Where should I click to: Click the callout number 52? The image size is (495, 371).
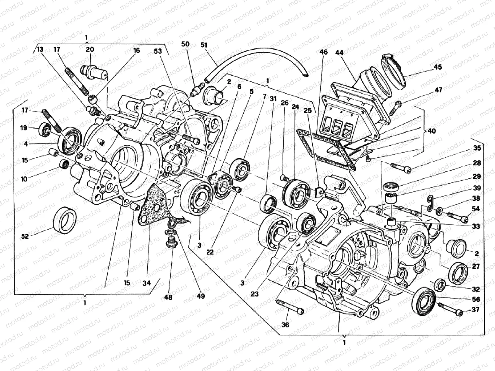tap(25, 236)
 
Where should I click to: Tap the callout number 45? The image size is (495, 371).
tap(438, 67)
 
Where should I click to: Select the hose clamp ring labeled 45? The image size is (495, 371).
tap(394, 70)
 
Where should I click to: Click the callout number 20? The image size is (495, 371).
tap(90, 49)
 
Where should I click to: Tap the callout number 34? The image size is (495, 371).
tap(147, 283)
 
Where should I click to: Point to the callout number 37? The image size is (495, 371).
tap(476, 309)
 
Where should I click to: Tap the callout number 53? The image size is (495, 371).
tap(158, 51)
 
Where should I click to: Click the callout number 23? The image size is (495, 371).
tap(255, 294)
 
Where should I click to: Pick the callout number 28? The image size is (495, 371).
tap(477, 163)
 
